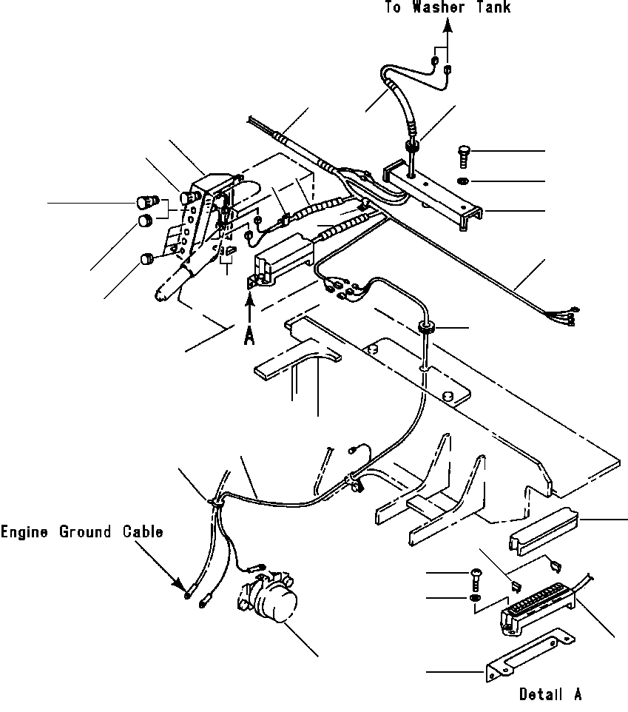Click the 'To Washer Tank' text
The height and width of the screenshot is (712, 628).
447,7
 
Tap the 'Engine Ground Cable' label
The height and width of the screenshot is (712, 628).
81,531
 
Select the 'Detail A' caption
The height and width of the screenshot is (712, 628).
550,694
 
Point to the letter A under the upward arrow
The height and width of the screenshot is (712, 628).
250,335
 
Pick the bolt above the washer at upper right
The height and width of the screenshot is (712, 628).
462,156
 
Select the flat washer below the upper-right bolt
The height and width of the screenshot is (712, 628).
462,181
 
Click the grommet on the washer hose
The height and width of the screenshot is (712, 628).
413,147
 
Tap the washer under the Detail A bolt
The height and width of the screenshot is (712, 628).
473,597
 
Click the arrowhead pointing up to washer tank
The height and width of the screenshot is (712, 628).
448,27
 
